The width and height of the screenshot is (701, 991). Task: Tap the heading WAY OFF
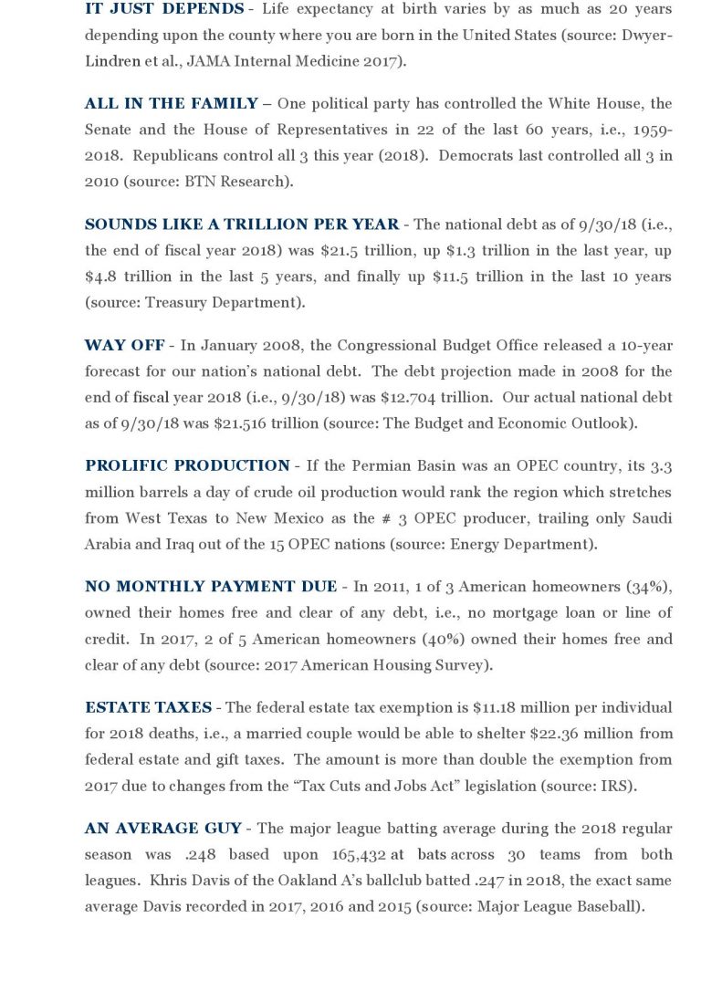[x=124, y=345]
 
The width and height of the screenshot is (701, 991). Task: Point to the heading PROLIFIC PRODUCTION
[x=187, y=466]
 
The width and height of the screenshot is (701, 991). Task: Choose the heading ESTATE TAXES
[x=148, y=707]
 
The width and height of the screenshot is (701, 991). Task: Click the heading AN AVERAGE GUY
[x=163, y=829]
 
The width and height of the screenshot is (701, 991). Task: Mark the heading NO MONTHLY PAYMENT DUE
[x=211, y=587]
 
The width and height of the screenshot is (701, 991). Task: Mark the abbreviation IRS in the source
[x=618, y=786]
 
